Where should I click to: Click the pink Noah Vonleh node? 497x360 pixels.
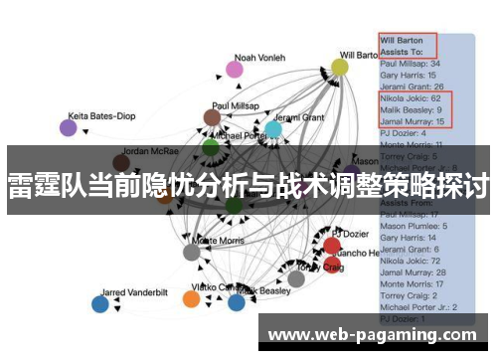[x=235, y=70]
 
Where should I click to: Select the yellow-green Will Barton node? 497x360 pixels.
[x=340, y=68]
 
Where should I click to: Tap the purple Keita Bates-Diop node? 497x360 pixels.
[x=68, y=127]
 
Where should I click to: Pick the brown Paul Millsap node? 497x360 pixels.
[x=212, y=118]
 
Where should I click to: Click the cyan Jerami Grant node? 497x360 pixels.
[x=272, y=129]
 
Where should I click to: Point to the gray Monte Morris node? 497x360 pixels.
[x=192, y=252]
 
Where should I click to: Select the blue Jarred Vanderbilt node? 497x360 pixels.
[x=99, y=304]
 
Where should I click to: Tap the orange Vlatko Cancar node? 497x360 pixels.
[x=192, y=298]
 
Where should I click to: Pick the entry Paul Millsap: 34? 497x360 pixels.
[x=412, y=64]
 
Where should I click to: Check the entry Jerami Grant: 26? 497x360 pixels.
[x=412, y=88]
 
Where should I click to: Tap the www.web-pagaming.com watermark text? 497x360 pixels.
[x=378, y=334]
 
